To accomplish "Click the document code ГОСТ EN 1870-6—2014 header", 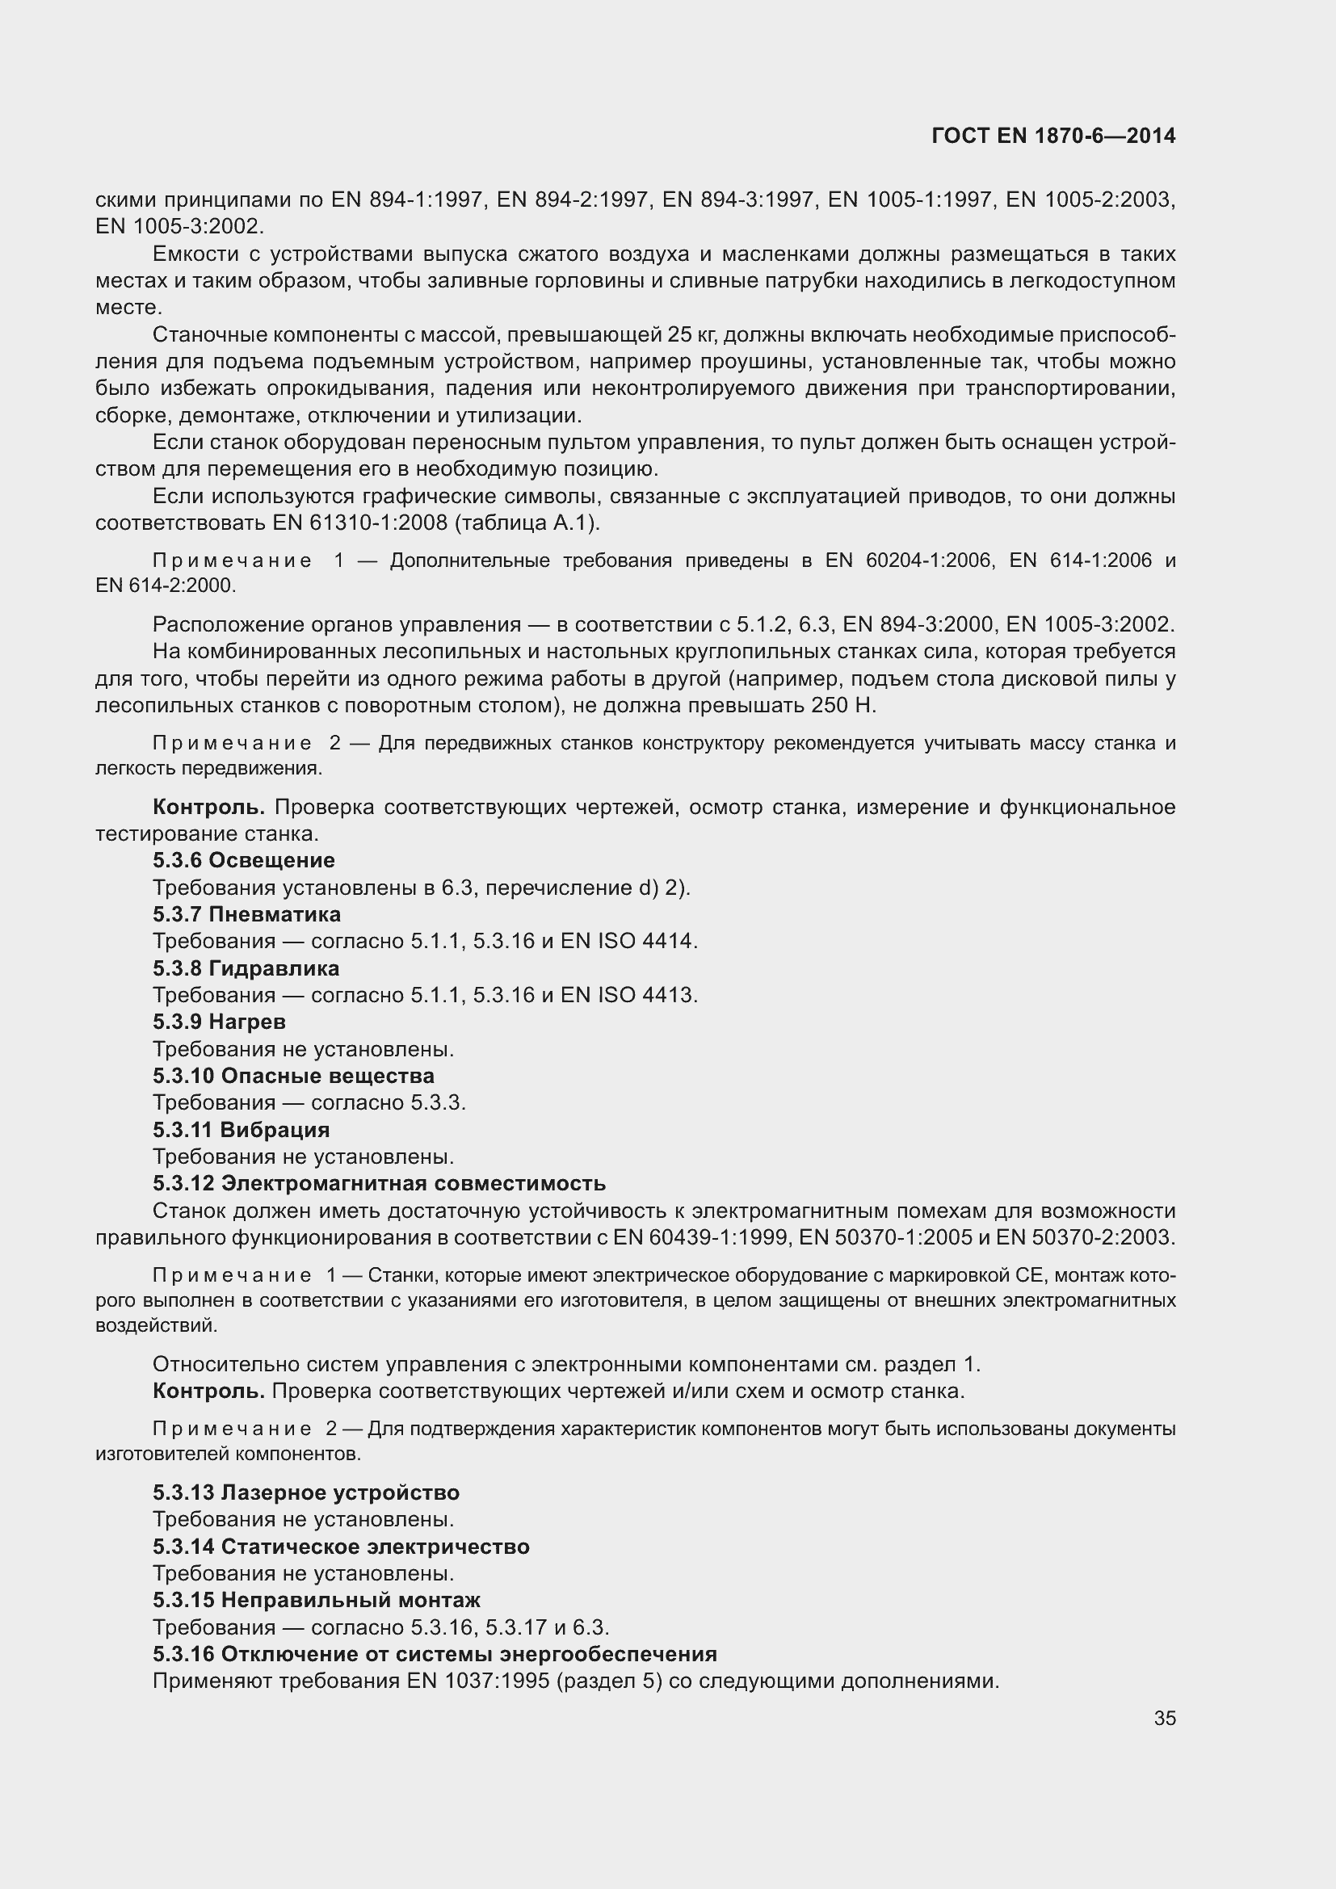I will pos(1053,136).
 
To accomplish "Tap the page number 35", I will pos(1164,1718).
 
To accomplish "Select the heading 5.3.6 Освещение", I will pos(243,861).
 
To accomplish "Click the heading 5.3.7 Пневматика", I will pos(246,914).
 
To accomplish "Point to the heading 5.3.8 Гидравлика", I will pos(246,968).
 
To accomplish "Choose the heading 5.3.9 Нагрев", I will pos(219,1022).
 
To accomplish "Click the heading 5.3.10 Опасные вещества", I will pos(293,1076).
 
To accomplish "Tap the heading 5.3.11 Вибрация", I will pos(241,1130).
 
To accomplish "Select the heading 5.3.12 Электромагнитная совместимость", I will pos(380,1184).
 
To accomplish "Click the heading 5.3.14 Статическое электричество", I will pos(341,1547).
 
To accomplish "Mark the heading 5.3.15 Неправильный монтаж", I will pos(317,1600).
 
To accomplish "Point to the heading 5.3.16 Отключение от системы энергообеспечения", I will pos(435,1655).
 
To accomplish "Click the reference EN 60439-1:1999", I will pos(704,1237).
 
